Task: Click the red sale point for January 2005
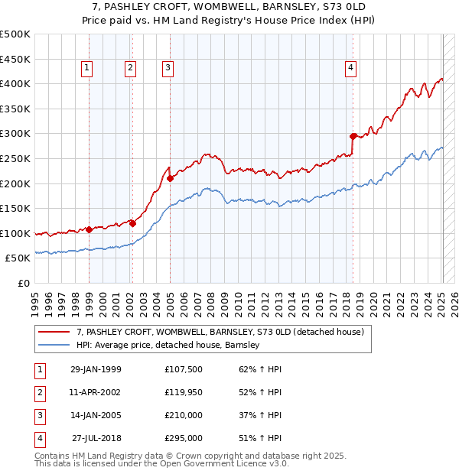[170, 178]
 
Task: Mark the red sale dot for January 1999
[90, 229]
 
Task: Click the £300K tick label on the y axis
[15, 134]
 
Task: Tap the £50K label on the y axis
[18, 258]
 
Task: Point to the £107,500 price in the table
[184, 368]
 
